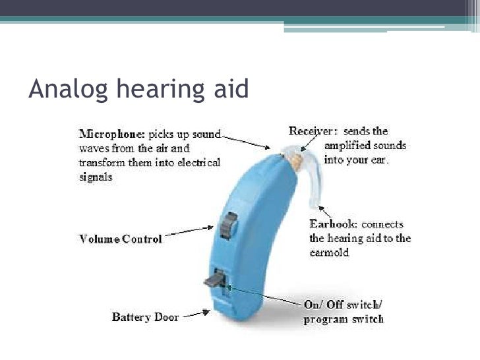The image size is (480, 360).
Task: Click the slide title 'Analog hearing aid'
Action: point(138,90)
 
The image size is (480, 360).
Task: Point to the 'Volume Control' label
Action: point(120,239)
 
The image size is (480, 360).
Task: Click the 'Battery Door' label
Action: point(145,317)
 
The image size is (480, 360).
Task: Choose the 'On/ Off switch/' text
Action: point(344,305)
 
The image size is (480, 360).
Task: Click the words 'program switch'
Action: point(343,320)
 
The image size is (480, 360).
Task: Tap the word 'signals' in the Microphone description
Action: point(96,177)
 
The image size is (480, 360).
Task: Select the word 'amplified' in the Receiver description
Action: point(357,146)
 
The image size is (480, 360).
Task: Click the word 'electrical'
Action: point(196,162)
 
